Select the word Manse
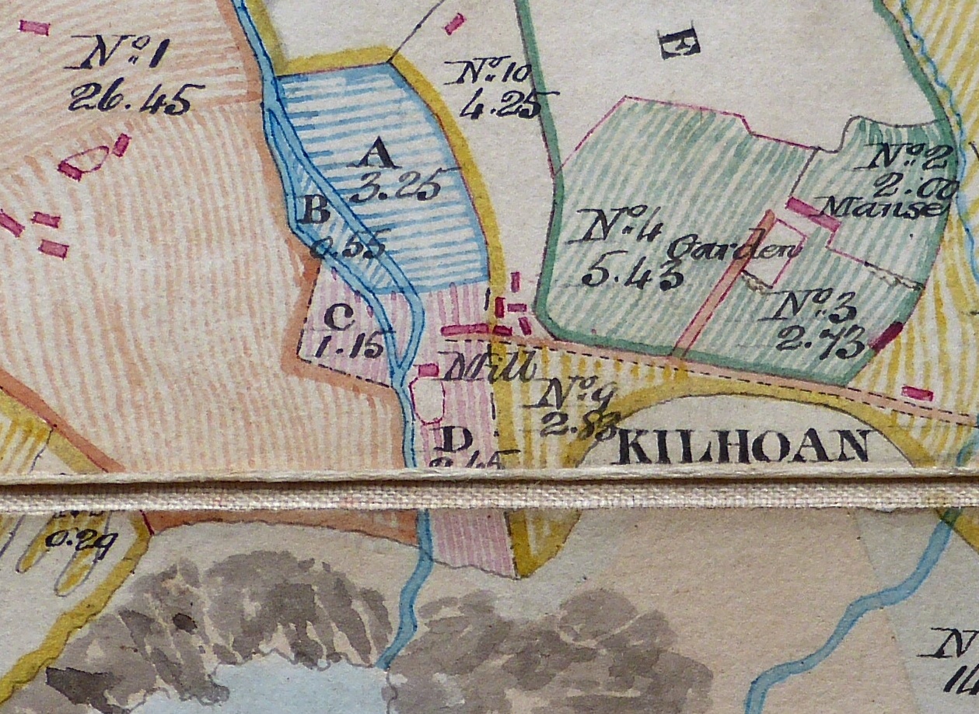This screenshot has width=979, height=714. (x=887, y=207)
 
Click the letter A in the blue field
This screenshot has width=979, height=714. (x=379, y=157)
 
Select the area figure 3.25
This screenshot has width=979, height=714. (x=393, y=187)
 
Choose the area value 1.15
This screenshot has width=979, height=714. (x=349, y=347)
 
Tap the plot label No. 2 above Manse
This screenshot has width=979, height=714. (x=908, y=156)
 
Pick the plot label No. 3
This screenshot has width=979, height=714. (x=809, y=309)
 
